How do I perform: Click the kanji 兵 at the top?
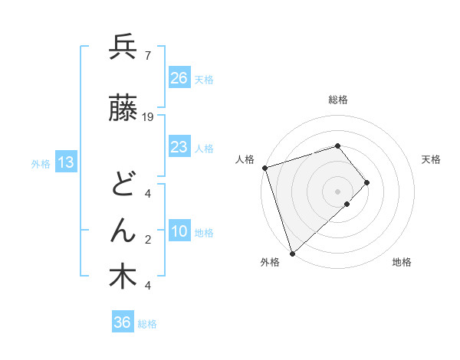(123, 48)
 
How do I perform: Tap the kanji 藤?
(123, 110)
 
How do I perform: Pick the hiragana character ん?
(123, 229)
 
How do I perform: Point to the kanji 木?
(123, 277)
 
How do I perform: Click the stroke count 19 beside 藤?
(149, 117)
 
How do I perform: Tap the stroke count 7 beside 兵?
(147, 56)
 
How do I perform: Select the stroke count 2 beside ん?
(147, 240)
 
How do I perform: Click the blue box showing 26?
(179, 77)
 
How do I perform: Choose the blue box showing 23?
(179, 146)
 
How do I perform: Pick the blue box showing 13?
(64, 162)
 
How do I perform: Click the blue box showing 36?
(122, 322)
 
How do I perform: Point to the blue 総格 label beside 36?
(147, 324)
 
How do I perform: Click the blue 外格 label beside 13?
(40, 163)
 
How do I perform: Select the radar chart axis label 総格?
(338, 100)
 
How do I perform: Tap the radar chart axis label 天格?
(431, 159)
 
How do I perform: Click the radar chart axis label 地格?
(402, 262)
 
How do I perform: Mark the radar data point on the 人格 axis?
(264, 168)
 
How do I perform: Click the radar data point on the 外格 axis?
(292, 252)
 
